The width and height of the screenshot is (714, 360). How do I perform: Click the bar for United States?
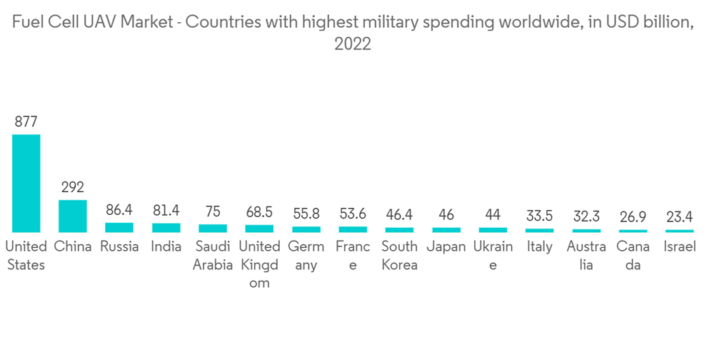tap(26, 183)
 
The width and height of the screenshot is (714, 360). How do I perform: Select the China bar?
tap(73, 216)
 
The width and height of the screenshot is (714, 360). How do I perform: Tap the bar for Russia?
tap(119, 227)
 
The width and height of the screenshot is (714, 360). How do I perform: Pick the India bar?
tap(166, 228)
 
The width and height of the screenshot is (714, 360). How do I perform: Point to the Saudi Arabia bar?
tap(213, 228)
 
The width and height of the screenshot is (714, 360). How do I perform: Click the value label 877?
tap(26, 121)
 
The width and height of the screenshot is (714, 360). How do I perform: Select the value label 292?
tap(73, 187)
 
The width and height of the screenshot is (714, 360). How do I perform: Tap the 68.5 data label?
tap(259, 212)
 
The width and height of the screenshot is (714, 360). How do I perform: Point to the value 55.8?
tap(306, 214)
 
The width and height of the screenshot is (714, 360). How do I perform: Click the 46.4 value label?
tap(399, 214)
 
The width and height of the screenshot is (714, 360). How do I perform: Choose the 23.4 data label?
tap(679, 216)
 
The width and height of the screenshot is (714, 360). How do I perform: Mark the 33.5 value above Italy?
tap(539, 216)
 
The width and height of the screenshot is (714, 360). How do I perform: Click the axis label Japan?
tap(446, 247)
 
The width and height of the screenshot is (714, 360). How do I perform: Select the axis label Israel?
tap(679, 247)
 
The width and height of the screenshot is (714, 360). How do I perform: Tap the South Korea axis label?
tap(399, 256)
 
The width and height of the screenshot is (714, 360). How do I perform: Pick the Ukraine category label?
tap(493, 256)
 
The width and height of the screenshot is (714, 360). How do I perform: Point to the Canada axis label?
tap(633, 256)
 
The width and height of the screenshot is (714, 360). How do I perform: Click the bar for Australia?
tap(586, 230)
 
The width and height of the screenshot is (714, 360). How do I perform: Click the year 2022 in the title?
tap(353, 44)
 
